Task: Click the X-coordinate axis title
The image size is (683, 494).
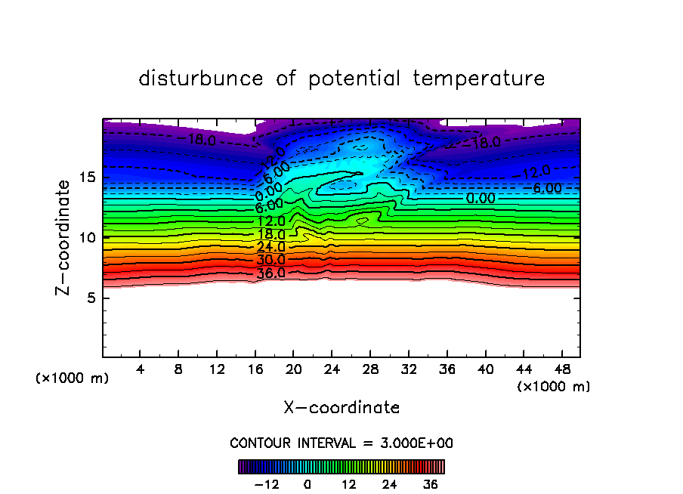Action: tap(341, 408)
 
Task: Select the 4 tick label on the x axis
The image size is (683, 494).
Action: tap(141, 370)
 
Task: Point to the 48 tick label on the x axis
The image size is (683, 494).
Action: tap(562, 370)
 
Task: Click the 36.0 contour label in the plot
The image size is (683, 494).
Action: tap(270, 273)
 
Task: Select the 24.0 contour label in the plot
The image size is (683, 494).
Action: tap(270, 247)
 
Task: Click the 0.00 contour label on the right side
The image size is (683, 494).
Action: tap(481, 199)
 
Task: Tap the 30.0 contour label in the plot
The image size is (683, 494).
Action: tap(270, 260)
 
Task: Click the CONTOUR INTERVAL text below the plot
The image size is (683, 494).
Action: tap(341, 443)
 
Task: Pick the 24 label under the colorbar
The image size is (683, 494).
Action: tap(390, 484)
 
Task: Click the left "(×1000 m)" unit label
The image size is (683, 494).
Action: tap(73, 378)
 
